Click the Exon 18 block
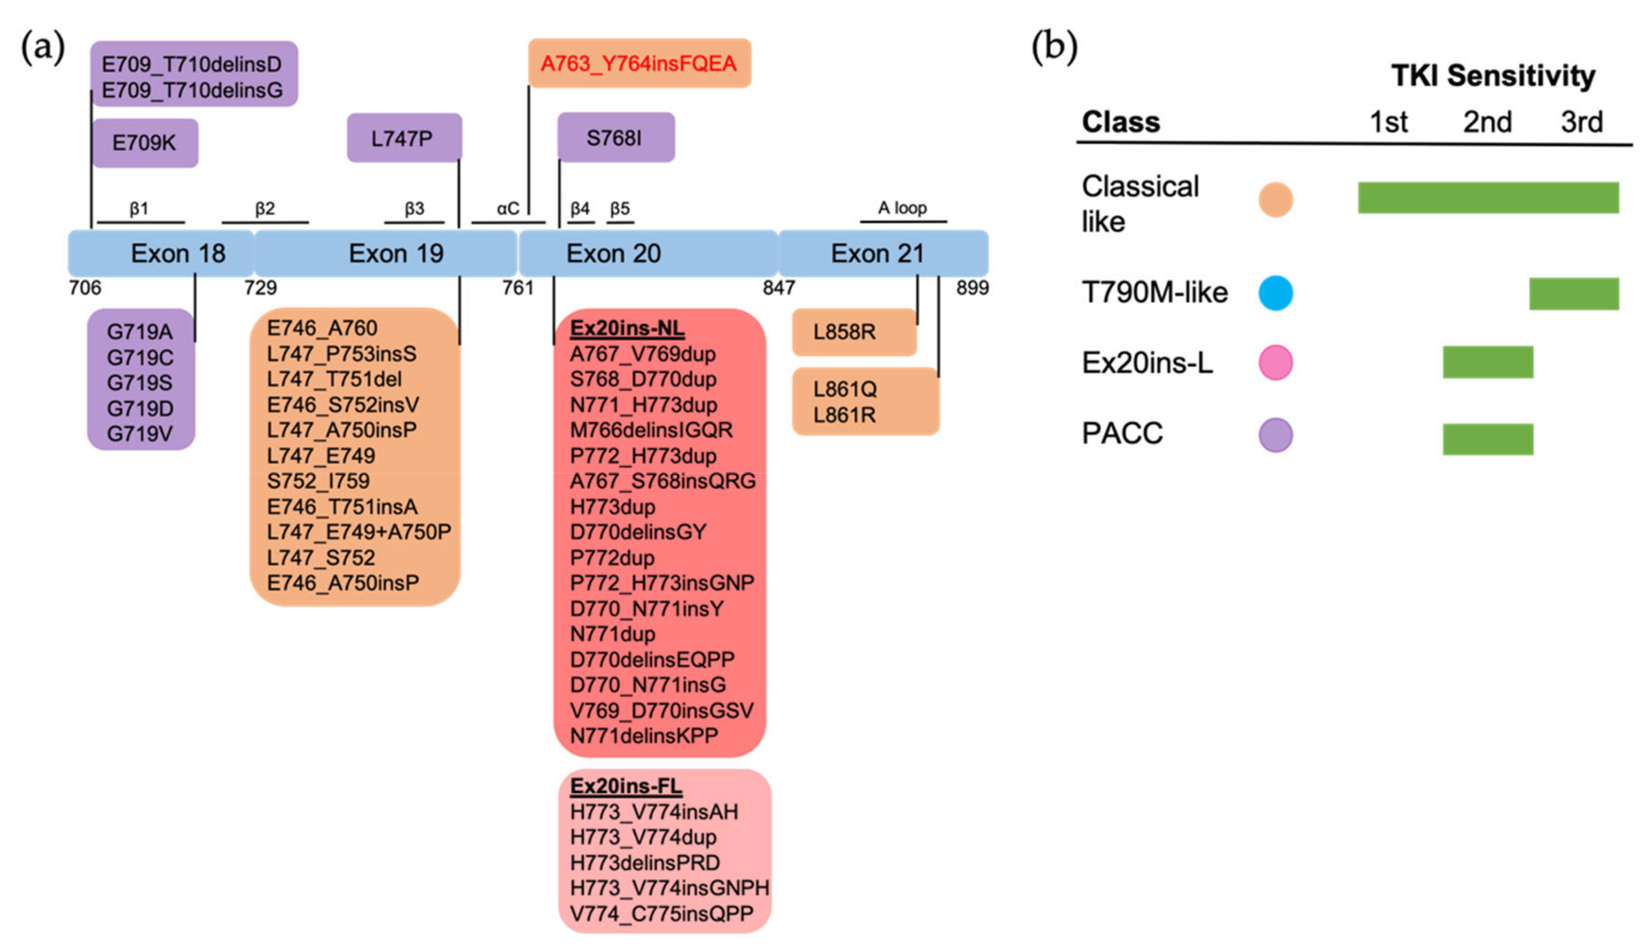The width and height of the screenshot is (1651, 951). pos(161,253)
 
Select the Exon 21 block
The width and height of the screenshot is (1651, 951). pos(882,253)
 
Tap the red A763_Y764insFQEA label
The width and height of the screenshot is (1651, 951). pos(638,63)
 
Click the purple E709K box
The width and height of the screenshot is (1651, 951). pos(144,143)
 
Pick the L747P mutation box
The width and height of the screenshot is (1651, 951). pos(403,139)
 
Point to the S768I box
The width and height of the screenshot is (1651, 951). pos(615,138)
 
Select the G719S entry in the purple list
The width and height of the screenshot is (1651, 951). pos(140,383)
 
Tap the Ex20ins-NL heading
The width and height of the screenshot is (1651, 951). pos(626,328)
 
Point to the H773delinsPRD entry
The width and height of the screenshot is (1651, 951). pos(644,863)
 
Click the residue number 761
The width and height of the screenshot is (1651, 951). pos(517,288)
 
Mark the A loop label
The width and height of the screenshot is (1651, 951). pos(902,208)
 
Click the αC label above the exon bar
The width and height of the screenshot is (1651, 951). pos(508,208)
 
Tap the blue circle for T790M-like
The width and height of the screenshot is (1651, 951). pos(1275,293)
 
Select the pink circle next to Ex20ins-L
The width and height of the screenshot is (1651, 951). pos(1275,363)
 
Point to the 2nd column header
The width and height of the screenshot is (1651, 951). pos(1486,122)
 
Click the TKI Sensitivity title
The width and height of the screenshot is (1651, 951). pos(1492,76)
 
